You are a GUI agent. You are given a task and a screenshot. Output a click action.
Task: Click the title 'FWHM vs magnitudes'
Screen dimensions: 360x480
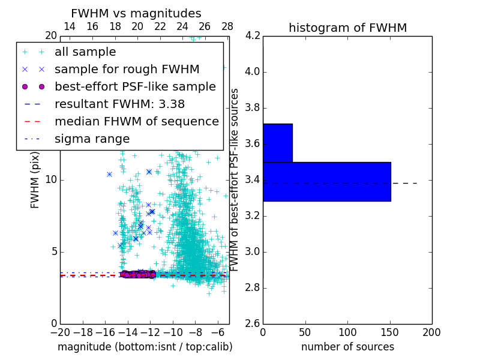point(136,14)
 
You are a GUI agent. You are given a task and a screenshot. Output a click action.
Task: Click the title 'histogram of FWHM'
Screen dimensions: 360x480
point(347,28)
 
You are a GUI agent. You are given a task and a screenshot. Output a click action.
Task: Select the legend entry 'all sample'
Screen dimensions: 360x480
point(85,52)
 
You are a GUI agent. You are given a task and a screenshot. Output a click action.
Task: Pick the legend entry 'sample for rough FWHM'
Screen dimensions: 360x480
point(127,70)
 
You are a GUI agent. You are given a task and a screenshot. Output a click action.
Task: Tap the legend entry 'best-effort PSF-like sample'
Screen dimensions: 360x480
point(135,87)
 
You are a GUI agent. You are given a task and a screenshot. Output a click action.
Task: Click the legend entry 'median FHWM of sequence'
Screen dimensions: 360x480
point(136,122)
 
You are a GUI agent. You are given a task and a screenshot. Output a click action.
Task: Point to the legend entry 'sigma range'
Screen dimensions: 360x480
point(92,139)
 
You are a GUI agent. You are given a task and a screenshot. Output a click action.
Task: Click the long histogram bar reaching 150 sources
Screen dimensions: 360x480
point(326,181)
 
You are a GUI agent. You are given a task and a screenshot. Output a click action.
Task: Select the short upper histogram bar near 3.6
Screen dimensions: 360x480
point(277,143)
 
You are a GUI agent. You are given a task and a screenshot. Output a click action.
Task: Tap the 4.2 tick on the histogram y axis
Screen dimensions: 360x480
point(253,36)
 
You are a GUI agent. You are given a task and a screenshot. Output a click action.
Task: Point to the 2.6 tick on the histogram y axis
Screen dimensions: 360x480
point(253,323)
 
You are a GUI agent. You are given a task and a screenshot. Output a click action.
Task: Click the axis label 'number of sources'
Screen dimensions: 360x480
point(347,347)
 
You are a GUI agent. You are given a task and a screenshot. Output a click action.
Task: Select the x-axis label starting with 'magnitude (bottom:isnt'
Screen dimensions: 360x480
point(145,347)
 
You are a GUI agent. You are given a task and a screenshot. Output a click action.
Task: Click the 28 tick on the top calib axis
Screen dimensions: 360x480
point(227,26)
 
